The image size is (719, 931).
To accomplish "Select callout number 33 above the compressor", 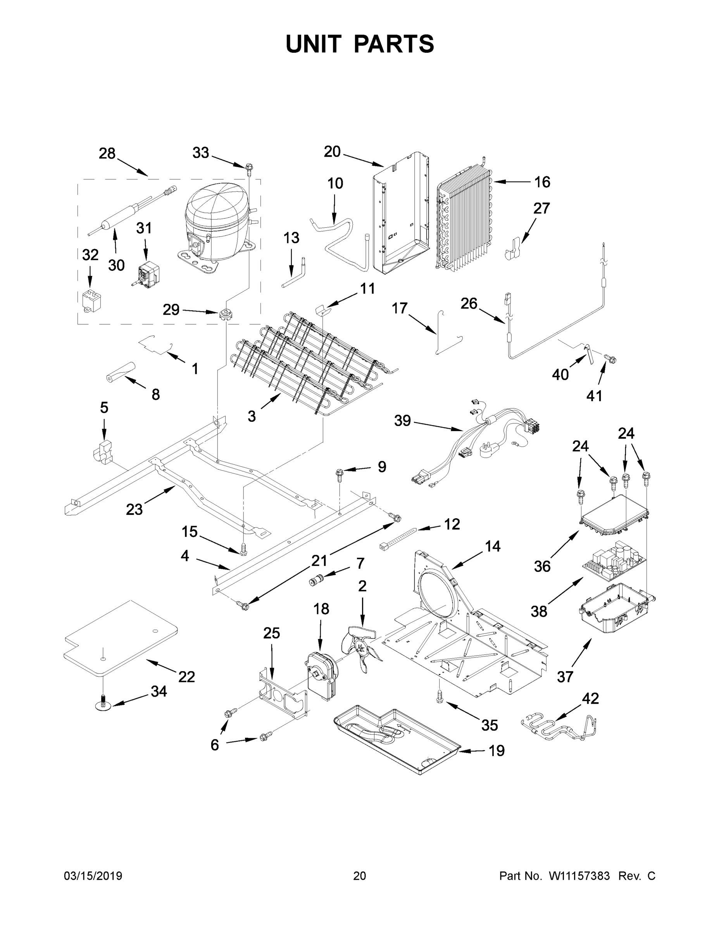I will (x=201, y=152).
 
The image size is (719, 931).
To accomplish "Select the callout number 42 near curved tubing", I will (x=590, y=698).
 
